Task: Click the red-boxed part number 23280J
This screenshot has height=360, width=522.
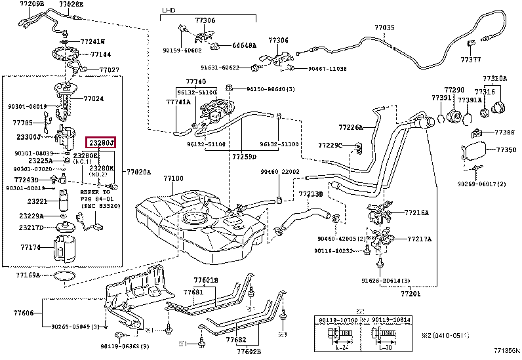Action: tap(102, 142)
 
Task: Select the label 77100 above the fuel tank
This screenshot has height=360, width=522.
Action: tap(173, 178)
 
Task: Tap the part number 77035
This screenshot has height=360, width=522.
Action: tap(385, 28)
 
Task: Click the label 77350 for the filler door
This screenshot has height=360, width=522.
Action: tap(506, 150)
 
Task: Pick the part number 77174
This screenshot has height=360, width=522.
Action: tap(30, 248)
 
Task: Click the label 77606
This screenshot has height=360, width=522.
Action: tap(24, 314)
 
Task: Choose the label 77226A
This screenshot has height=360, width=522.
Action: tap(351, 127)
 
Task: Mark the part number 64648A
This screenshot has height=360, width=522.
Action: tap(244, 45)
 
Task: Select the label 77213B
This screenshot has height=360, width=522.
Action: tap(310, 194)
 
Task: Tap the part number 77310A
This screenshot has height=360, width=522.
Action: tap(495, 78)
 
